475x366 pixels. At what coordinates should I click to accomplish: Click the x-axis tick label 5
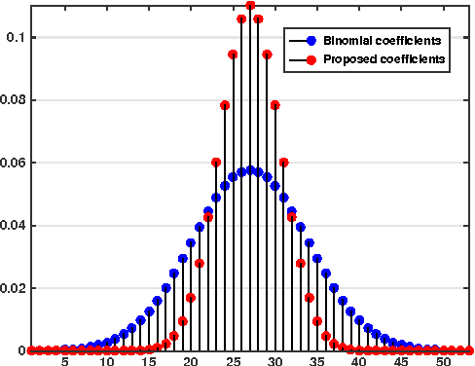pos(65,359)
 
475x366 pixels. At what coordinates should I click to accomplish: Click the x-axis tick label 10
pos(107,359)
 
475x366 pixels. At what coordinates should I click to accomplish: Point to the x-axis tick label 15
pos(149,359)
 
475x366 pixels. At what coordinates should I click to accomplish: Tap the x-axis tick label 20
pos(192,359)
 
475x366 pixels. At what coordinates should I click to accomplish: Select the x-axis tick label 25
pos(234,359)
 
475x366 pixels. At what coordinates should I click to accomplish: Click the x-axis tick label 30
pos(275,359)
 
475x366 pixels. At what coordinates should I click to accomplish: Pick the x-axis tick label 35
pos(317,359)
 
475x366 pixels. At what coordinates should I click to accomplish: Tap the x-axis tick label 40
pos(360,359)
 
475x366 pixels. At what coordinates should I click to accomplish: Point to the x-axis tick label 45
pos(402,359)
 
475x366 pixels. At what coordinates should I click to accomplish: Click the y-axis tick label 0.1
pos(14,37)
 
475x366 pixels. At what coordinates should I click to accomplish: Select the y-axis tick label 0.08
pos(11,99)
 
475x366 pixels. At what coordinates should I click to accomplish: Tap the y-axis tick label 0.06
pos(11,163)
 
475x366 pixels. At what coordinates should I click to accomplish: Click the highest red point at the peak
pos(250,6)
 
